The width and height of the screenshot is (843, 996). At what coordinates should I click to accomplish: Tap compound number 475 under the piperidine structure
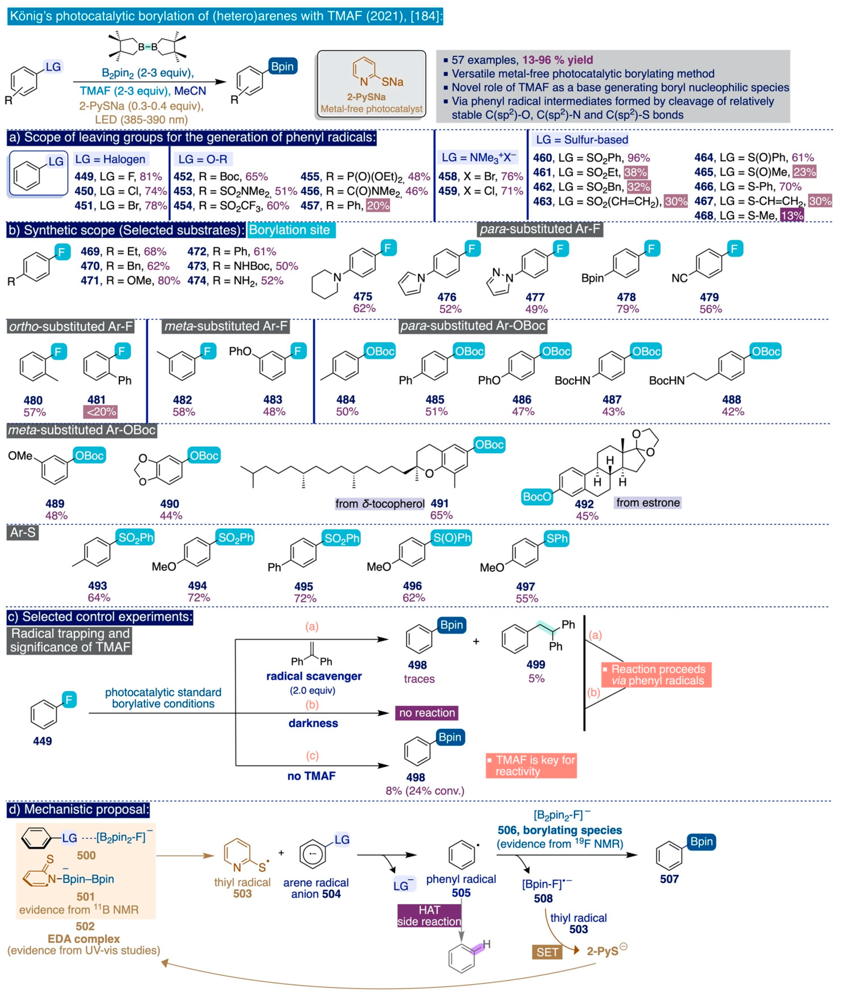pyautogui.click(x=363, y=297)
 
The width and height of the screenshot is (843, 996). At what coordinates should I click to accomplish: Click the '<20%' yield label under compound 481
pyautogui.click(x=100, y=412)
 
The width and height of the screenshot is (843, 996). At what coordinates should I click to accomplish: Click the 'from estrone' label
pyautogui.click(x=648, y=502)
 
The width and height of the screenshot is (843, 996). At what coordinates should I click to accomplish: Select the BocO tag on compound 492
pyautogui.click(x=537, y=497)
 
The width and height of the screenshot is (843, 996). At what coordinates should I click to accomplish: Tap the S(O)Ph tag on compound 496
pyautogui.click(x=451, y=538)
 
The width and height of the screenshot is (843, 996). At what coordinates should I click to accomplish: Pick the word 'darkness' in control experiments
pyautogui.click(x=313, y=723)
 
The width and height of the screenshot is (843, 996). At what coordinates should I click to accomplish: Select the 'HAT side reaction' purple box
pyautogui.click(x=429, y=916)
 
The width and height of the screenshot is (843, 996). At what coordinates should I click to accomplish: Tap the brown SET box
pyautogui.click(x=547, y=952)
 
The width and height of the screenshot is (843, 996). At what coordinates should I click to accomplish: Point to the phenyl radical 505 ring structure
pyautogui.click(x=461, y=855)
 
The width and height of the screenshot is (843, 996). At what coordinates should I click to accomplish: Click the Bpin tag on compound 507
pyautogui.click(x=701, y=842)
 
